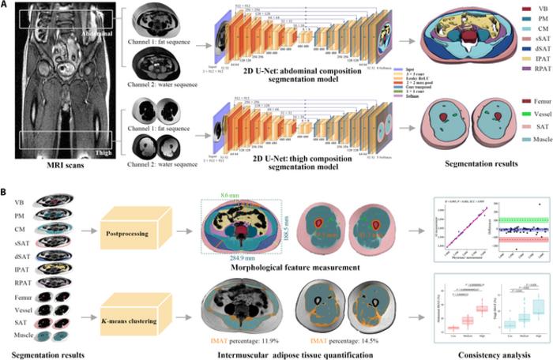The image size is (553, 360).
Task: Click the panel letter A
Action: [6, 6]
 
